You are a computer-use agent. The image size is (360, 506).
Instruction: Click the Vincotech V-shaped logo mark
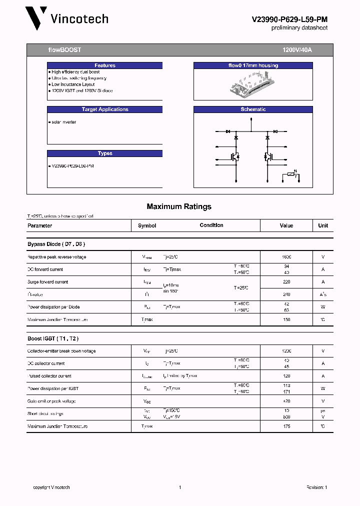[36, 18]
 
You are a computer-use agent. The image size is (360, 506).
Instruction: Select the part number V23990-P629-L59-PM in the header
[289, 19]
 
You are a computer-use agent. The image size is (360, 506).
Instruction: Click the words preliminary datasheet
[299, 28]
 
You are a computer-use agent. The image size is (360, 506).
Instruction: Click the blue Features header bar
[104, 65]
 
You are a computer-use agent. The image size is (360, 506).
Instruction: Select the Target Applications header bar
[104, 109]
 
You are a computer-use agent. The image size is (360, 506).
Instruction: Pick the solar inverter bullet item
[63, 122]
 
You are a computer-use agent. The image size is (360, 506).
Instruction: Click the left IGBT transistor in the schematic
[234, 156]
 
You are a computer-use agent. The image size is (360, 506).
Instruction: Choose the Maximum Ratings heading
[179, 206]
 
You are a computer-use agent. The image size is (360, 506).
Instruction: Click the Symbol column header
[147, 225]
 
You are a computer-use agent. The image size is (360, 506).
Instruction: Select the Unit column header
[323, 225]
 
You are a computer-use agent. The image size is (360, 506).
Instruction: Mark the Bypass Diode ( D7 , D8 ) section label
[56, 244]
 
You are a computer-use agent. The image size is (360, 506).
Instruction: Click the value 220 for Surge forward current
[286, 282]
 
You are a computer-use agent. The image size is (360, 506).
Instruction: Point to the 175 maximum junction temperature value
[286, 426]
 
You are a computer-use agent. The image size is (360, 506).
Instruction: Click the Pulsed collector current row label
[49, 376]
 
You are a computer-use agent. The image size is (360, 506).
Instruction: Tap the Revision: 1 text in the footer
[316, 487]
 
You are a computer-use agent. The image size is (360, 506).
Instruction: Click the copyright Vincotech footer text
[51, 487]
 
